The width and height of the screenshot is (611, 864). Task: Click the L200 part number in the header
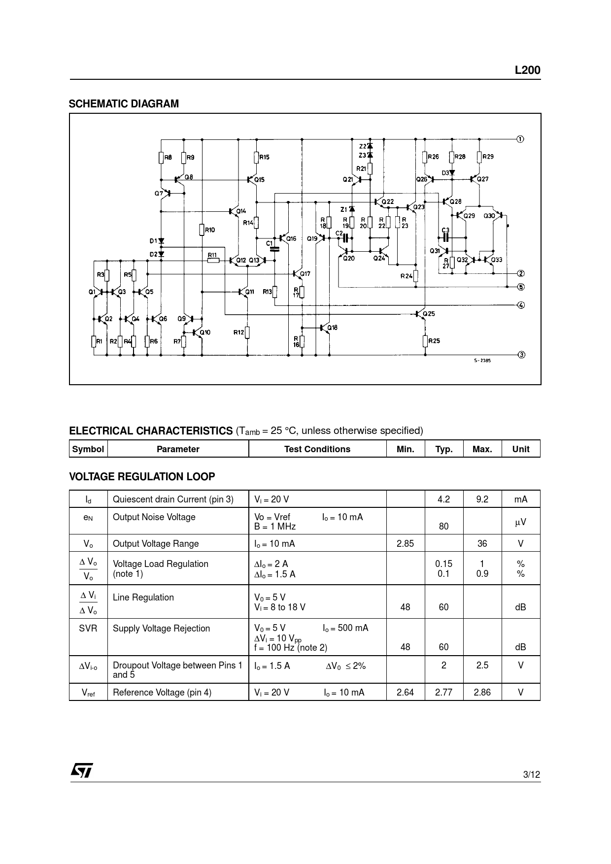click(x=527, y=70)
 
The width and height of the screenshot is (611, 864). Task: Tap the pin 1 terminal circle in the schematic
click(x=520, y=138)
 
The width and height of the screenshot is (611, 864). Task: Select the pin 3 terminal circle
click(x=521, y=355)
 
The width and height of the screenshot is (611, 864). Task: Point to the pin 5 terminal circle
click(x=521, y=287)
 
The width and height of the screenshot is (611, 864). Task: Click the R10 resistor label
click(x=210, y=230)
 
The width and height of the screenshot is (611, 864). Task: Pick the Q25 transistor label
click(x=429, y=314)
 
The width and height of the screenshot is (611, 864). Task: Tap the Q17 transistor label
click(x=305, y=274)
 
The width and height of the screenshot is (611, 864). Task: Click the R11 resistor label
click(x=212, y=254)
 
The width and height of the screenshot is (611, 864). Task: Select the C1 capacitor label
click(x=269, y=243)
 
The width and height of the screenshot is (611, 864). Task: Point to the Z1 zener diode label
click(x=343, y=209)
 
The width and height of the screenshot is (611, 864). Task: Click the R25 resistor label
click(x=434, y=340)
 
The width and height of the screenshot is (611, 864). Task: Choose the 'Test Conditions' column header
click(x=317, y=449)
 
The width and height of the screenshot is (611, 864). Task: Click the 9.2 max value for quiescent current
click(x=482, y=499)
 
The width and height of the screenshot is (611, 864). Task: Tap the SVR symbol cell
click(x=88, y=628)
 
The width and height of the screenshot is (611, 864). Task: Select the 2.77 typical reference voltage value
click(x=443, y=692)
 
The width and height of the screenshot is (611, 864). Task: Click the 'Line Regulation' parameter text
click(x=143, y=597)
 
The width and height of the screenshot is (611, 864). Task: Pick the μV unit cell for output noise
click(x=520, y=522)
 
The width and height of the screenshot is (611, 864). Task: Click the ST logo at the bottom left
click(x=82, y=770)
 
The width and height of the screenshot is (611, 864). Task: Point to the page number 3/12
click(x=531, y=774)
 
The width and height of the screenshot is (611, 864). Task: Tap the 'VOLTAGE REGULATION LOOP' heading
click(x=142, y=476)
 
